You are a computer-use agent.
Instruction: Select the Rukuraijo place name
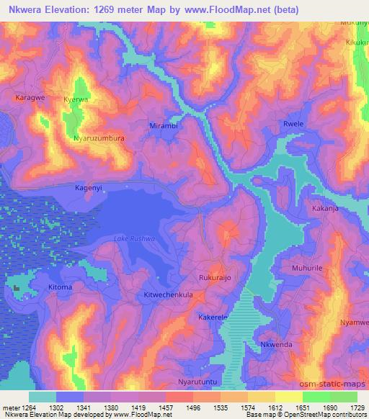tap(215, 276)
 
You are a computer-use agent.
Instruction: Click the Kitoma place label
tap(60, 287)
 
